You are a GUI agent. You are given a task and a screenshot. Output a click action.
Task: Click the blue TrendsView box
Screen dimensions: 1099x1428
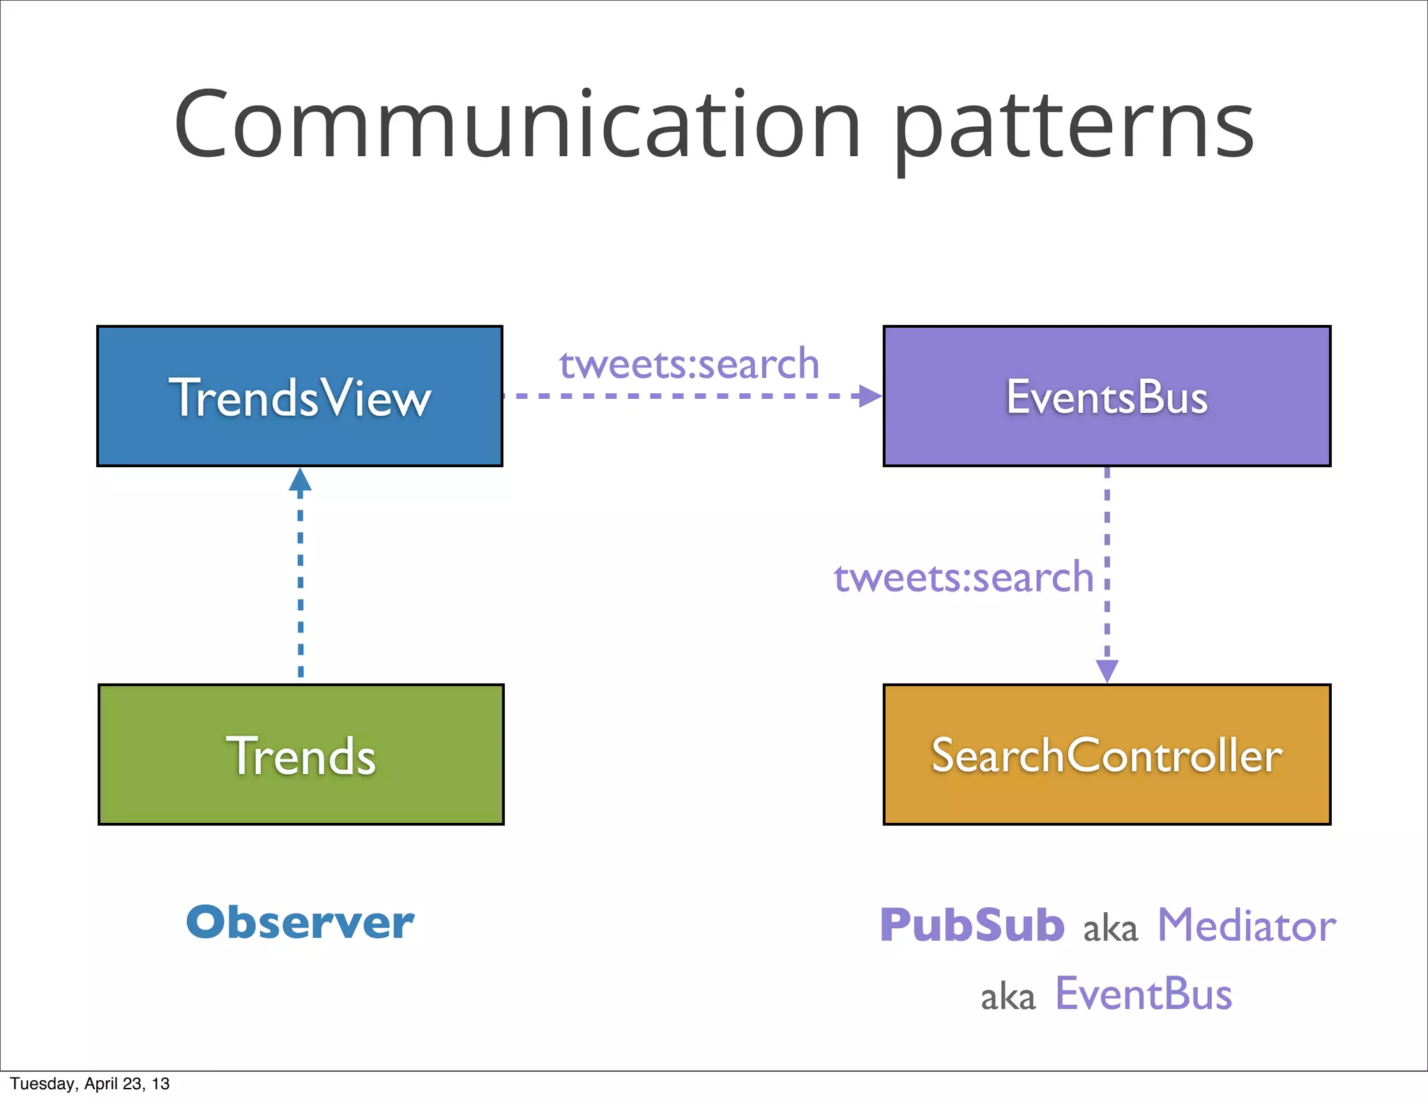pyautogui.click(x=300, y=396)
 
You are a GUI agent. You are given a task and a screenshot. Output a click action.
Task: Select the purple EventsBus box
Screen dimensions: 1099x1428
pyautogui.click(x=1107, y=396)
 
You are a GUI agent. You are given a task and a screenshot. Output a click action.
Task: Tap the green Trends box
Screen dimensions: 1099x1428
pyautogui.click(x=301, y=755)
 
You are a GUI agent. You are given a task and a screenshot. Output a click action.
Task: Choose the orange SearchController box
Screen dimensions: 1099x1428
pyautogui.click(x=1107, y=755)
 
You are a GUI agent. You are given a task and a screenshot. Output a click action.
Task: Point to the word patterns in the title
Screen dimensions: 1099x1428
pyautogui.click(x=1074, y=129)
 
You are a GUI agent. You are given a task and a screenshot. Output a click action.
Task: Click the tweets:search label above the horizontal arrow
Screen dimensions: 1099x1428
pyautogui.click(x=689, y=364)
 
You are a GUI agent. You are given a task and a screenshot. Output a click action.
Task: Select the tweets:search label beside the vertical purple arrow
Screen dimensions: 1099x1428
pyautogui.click(x=964, y=577)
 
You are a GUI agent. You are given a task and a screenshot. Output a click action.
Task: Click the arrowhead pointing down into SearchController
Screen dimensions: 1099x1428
pyautogui.click(x=1107, y=670)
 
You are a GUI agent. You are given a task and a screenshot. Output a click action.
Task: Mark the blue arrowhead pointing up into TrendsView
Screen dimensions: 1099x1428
pyautogui.click(x=300, y=480)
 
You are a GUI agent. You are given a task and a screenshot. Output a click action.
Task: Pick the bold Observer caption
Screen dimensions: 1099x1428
pyautogui.click(x=300, y=923)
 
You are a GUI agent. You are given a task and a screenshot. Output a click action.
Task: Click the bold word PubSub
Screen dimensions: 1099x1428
pyautogui.click(x=972, y=925)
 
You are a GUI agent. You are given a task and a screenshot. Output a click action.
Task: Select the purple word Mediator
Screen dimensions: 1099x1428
pyautogui.click(x=1246, y=925)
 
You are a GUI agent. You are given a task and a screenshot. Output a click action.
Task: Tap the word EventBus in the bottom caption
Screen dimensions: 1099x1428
pyautogui.click(x=1144, y=994)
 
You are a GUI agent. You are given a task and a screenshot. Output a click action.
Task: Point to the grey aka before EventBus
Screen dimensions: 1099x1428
pyautogui.click(x=1008, y=997)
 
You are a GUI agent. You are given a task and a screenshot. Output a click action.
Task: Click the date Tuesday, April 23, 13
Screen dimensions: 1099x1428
pyautogui.click(x=90, y=1084)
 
